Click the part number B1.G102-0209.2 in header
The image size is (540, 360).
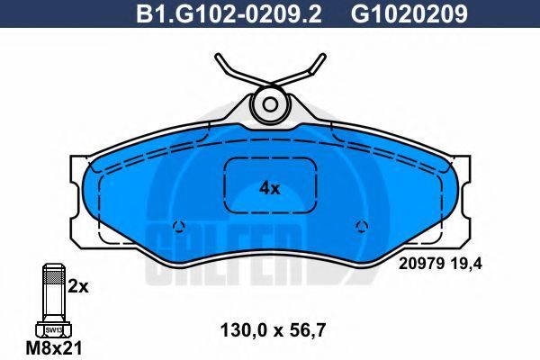229,13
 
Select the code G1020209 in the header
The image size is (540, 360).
409,13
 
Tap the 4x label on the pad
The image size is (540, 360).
270,188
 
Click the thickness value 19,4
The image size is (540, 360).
466,264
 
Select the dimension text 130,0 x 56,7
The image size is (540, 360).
273,330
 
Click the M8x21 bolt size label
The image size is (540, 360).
54,348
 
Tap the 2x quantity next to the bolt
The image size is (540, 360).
77,286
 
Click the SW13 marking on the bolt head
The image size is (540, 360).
54,330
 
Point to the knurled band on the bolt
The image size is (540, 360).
54,276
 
